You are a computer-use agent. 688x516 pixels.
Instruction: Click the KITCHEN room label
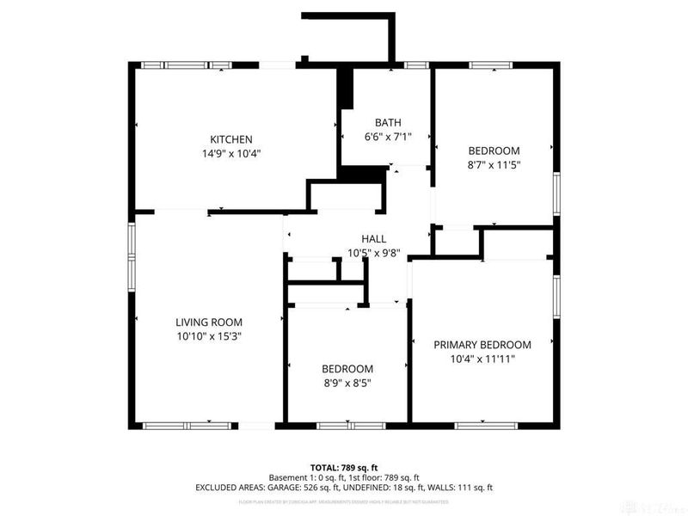[231, 139]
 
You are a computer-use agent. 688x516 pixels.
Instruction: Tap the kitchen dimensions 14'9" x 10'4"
[231, 154]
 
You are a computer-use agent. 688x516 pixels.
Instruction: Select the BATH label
[388, 122]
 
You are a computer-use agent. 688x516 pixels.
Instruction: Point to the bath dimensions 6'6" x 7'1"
[388, 137]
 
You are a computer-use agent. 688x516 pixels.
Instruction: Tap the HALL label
[373, 238]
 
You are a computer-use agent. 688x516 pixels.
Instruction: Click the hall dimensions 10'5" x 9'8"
[373, 253]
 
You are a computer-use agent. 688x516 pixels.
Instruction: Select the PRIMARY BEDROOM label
[482, 344]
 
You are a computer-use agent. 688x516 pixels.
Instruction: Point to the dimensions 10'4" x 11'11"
[482, 359]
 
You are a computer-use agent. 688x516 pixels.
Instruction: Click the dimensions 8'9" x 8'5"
[347, 383]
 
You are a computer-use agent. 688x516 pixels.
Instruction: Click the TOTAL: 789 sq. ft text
[344, 466]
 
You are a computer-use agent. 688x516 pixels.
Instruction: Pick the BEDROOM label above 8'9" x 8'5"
[347, 368]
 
